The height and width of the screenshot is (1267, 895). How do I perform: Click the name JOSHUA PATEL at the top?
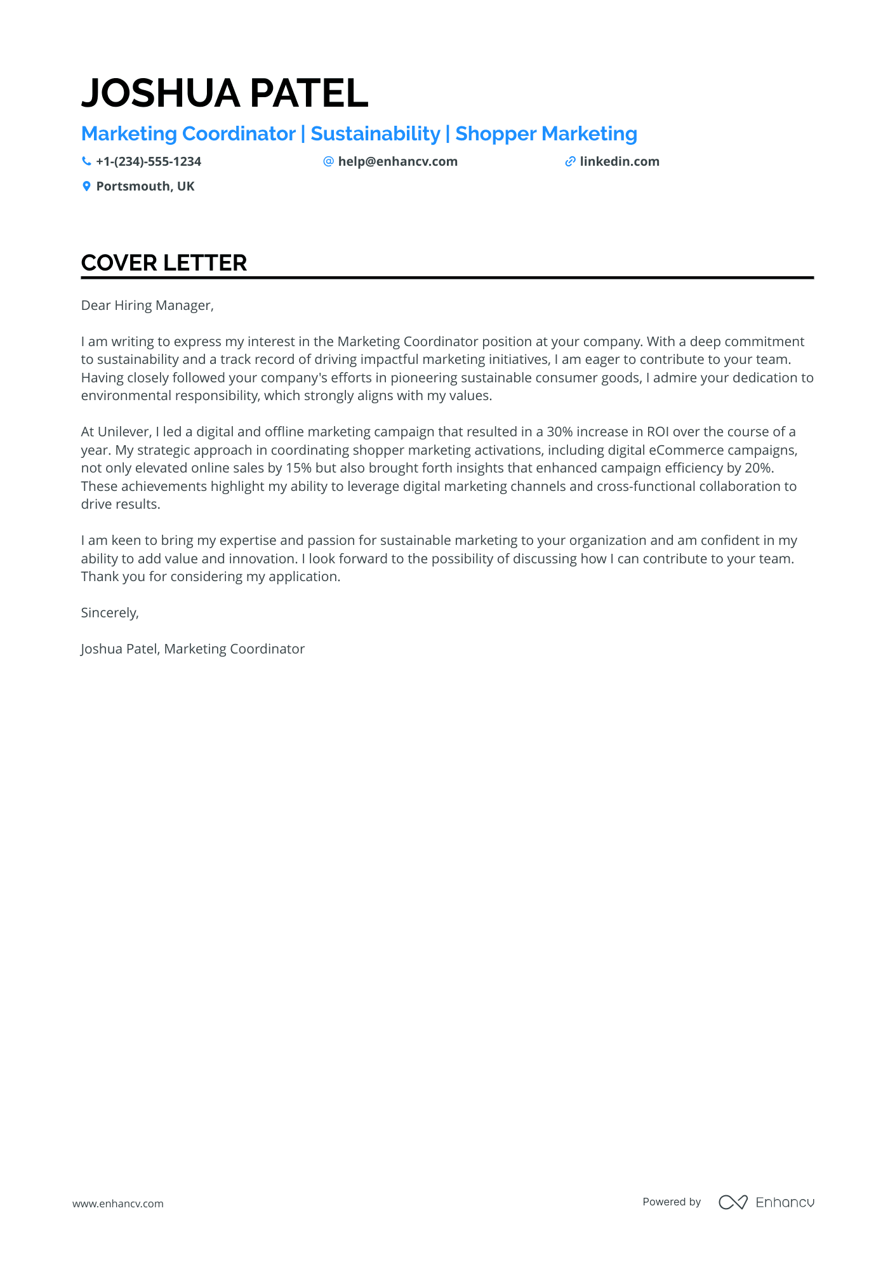(225, 93)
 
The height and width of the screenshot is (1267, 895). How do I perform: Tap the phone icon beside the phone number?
(86, 161)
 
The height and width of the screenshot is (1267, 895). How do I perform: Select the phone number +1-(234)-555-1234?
(149, 161)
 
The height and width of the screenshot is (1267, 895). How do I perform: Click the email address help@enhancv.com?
(397, 161)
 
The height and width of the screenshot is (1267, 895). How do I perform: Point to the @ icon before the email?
(328, 161)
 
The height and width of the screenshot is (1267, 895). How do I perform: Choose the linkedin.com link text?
(619, 161)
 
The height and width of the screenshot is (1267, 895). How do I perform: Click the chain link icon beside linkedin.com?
(570, 161)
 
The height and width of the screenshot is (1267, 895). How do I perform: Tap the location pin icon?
(86, 186)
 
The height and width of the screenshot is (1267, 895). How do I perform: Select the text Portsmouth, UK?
(145, 186)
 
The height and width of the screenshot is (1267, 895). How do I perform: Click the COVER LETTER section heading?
(164, 263)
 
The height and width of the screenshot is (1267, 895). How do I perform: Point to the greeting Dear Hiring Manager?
(147, 305)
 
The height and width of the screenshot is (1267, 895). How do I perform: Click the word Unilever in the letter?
(124, 432)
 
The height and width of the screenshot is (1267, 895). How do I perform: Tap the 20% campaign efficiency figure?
(759, 468)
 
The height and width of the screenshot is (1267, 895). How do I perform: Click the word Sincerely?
(109, 613)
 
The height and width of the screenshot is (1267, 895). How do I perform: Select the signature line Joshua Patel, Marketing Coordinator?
(192, 649)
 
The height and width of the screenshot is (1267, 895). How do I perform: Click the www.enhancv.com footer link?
(118, 1203)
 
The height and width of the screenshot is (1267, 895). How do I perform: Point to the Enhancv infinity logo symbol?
(733, 1202)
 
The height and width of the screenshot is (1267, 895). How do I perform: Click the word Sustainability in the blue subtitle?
(375, 134)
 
